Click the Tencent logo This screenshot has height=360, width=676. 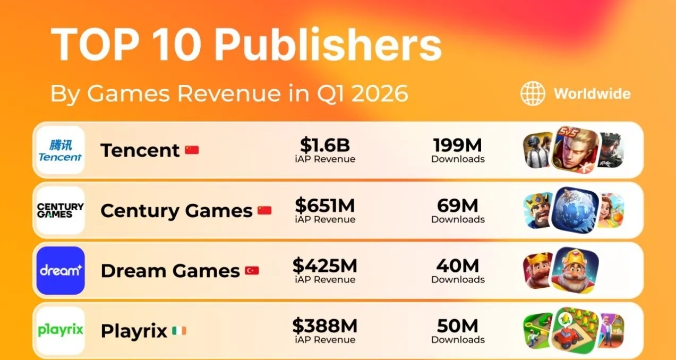pos(60,150)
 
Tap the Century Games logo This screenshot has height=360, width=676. pos(60,210)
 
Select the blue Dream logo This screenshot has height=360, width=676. pos(60,270)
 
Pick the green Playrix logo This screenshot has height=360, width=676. pos(60,330)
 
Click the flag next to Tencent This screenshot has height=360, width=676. pos(192,150)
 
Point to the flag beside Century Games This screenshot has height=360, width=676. pos(264,210)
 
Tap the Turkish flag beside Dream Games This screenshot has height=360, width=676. pos(252,271)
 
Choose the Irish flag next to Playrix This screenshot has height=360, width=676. pos(179,331)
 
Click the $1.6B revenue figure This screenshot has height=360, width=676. pos(325,145)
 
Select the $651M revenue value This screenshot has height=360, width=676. pos(325,205)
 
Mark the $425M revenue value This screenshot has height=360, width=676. pos(325,265)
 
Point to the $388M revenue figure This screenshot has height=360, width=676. pos(325,325)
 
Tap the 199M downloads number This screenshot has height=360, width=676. pos(458,145)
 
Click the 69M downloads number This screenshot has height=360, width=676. pos(458,205)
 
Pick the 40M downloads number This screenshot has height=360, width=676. pos(458,265)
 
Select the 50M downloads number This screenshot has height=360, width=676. pos(458,325)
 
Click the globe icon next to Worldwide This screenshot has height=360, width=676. pos(532,94)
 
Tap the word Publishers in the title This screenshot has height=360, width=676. pos(328,45)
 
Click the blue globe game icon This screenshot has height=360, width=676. pos(575,210)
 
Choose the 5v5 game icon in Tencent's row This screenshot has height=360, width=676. pos(575,149)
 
